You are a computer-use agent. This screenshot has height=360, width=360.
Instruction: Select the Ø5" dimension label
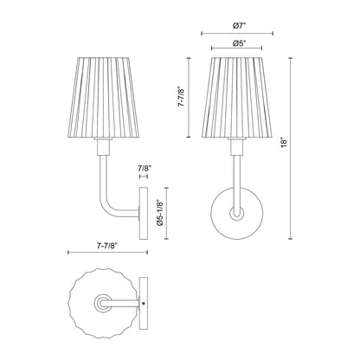237,44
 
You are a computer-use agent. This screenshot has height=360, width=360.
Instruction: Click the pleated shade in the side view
106,96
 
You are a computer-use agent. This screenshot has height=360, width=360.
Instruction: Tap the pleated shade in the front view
237,96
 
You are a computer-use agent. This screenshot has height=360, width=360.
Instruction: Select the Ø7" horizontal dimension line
237,33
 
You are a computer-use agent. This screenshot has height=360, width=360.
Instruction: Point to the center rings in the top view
104,305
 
